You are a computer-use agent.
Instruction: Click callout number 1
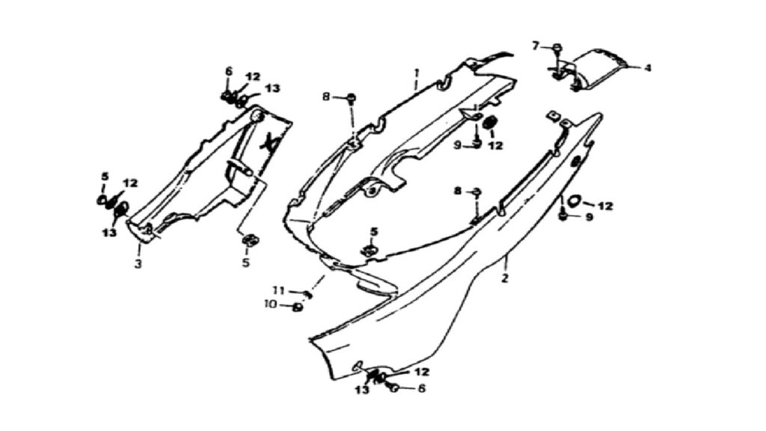pos(417,73)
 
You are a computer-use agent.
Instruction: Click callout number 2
pos(505,278)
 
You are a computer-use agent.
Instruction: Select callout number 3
pos(138,264)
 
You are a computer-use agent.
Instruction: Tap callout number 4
pos(647,68)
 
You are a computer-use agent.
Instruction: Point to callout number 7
pos(536,46)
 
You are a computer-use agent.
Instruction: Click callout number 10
pos(270,305)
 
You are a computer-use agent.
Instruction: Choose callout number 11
pos(278,291)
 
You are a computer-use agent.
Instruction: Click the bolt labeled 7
pos(557,48)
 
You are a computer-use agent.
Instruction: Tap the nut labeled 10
pos(296,308)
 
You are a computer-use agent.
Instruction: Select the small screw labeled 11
pos(307,293)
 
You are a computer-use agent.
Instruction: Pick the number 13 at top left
pos(272,88)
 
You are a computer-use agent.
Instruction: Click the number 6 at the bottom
pos(421,388)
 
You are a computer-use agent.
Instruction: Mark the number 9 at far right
pos(589,216)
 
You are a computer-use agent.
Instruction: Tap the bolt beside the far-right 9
pos(563,215)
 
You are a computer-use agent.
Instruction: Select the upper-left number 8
pos(326,97)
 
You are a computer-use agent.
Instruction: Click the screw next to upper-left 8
pos(351,98)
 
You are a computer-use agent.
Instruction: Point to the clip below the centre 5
pos(370,251)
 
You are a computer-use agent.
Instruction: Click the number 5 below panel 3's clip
pos(245,263)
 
